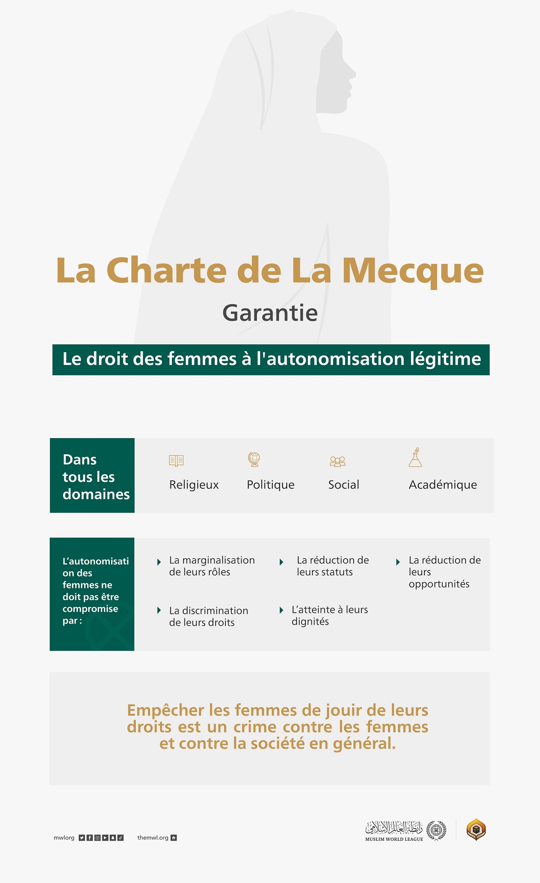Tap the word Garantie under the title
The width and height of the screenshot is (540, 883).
tap(270, 313)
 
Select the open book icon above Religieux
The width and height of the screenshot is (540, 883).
tap(176, 460)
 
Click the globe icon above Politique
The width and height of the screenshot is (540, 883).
tap(254, 459)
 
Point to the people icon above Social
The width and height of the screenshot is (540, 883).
tap(337, 461)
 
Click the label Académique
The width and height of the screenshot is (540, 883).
tap(443, 485)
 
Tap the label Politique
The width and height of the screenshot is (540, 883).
tap(270, 485)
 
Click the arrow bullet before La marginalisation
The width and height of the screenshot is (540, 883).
tap(159, 562)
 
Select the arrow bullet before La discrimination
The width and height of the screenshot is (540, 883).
tap(159, 610)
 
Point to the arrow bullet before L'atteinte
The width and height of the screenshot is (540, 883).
tap(281, 610)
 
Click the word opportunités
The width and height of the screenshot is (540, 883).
tap(439, 584)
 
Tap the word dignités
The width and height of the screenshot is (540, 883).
tap(310, 622)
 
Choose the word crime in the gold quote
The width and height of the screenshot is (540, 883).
tap(255, 727)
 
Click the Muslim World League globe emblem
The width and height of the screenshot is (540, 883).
tap(436, 830)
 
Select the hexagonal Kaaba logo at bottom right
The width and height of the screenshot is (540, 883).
tap(476, 830)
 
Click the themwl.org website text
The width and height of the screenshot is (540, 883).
tap(153, 838)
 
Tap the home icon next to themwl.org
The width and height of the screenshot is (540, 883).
tap(174, 838)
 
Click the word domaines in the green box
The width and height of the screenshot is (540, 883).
tap(96, 494)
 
